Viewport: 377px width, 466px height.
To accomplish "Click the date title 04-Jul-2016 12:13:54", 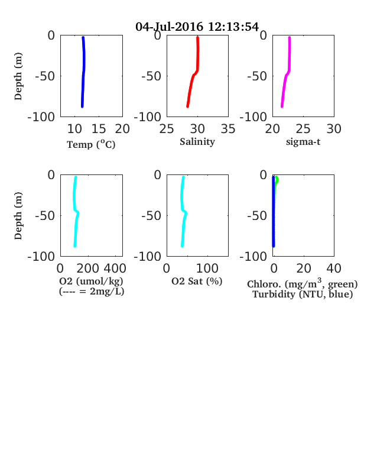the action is click(197, 27).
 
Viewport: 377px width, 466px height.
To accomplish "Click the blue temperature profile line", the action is click(84, 72).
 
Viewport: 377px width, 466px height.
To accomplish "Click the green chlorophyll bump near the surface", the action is click(277, 180).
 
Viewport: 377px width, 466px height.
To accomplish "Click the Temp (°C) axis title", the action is click(91, 144).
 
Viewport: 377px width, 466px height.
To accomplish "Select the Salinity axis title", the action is click(197, 142).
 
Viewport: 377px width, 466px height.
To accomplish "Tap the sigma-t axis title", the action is click(303, 142).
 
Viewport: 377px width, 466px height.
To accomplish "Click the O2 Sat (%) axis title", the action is click(197, 281).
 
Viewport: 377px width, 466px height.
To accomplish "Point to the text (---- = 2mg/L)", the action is click(92, 291).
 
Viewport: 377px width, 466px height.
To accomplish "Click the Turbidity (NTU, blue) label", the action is click(303, 295).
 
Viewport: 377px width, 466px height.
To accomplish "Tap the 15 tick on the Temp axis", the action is click(99, 129).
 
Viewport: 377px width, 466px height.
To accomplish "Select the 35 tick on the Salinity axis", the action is click(228, 129).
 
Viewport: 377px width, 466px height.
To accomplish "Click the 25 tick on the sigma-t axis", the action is click(303, 129).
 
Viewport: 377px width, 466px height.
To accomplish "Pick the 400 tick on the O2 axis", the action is click(115, 268).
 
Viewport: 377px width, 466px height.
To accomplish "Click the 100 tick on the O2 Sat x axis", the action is click(207, 268).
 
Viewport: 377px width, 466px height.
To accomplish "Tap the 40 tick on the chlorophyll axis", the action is click(334, 268).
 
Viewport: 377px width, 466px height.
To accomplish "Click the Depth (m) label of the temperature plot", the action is click(18, 76).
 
